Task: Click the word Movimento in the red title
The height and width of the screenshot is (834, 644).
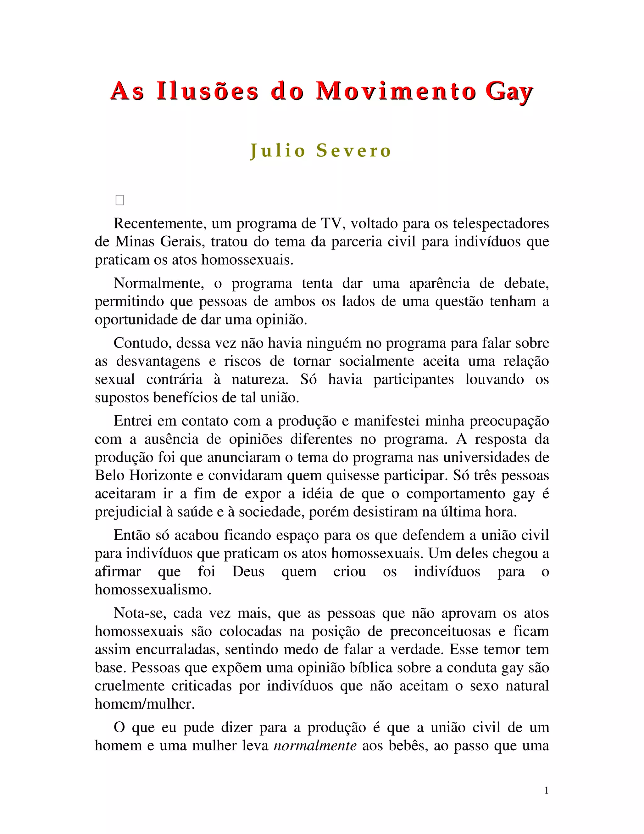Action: point(396,92)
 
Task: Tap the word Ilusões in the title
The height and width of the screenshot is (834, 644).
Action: point(208,92)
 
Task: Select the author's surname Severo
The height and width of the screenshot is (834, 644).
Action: point(354,150)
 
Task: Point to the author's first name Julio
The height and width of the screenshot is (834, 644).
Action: point(278,150)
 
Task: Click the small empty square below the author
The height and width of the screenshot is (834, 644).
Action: point(120,200)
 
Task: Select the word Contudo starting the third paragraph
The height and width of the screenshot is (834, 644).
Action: point(142,343)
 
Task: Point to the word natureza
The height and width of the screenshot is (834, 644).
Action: point(259,379)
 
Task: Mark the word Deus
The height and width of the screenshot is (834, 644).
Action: point(248,572)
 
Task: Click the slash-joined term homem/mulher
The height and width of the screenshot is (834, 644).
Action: point(145,704)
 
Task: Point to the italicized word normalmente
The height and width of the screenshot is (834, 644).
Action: point(315,745)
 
